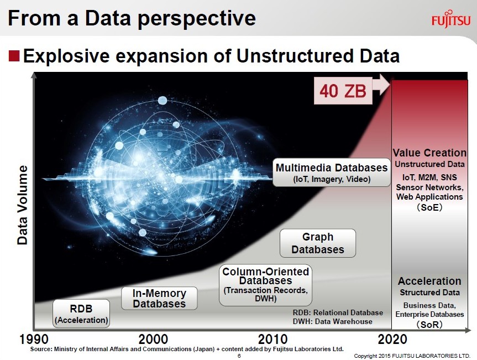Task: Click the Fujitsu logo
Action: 451,19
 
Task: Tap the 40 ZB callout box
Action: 343,91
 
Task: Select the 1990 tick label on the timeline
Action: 34,339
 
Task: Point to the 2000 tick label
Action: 153,339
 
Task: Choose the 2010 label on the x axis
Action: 273,339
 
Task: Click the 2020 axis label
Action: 392,339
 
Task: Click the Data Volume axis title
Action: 23,205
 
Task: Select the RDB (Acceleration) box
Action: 81,314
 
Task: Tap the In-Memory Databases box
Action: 159,298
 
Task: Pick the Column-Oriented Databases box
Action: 265,285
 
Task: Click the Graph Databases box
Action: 318,243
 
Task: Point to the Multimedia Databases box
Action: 332,172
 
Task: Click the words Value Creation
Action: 429,153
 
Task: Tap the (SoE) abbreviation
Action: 429,207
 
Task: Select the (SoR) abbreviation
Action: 429,325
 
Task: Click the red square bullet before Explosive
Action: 14,56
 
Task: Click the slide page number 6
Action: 239,356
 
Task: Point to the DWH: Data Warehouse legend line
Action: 333,321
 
